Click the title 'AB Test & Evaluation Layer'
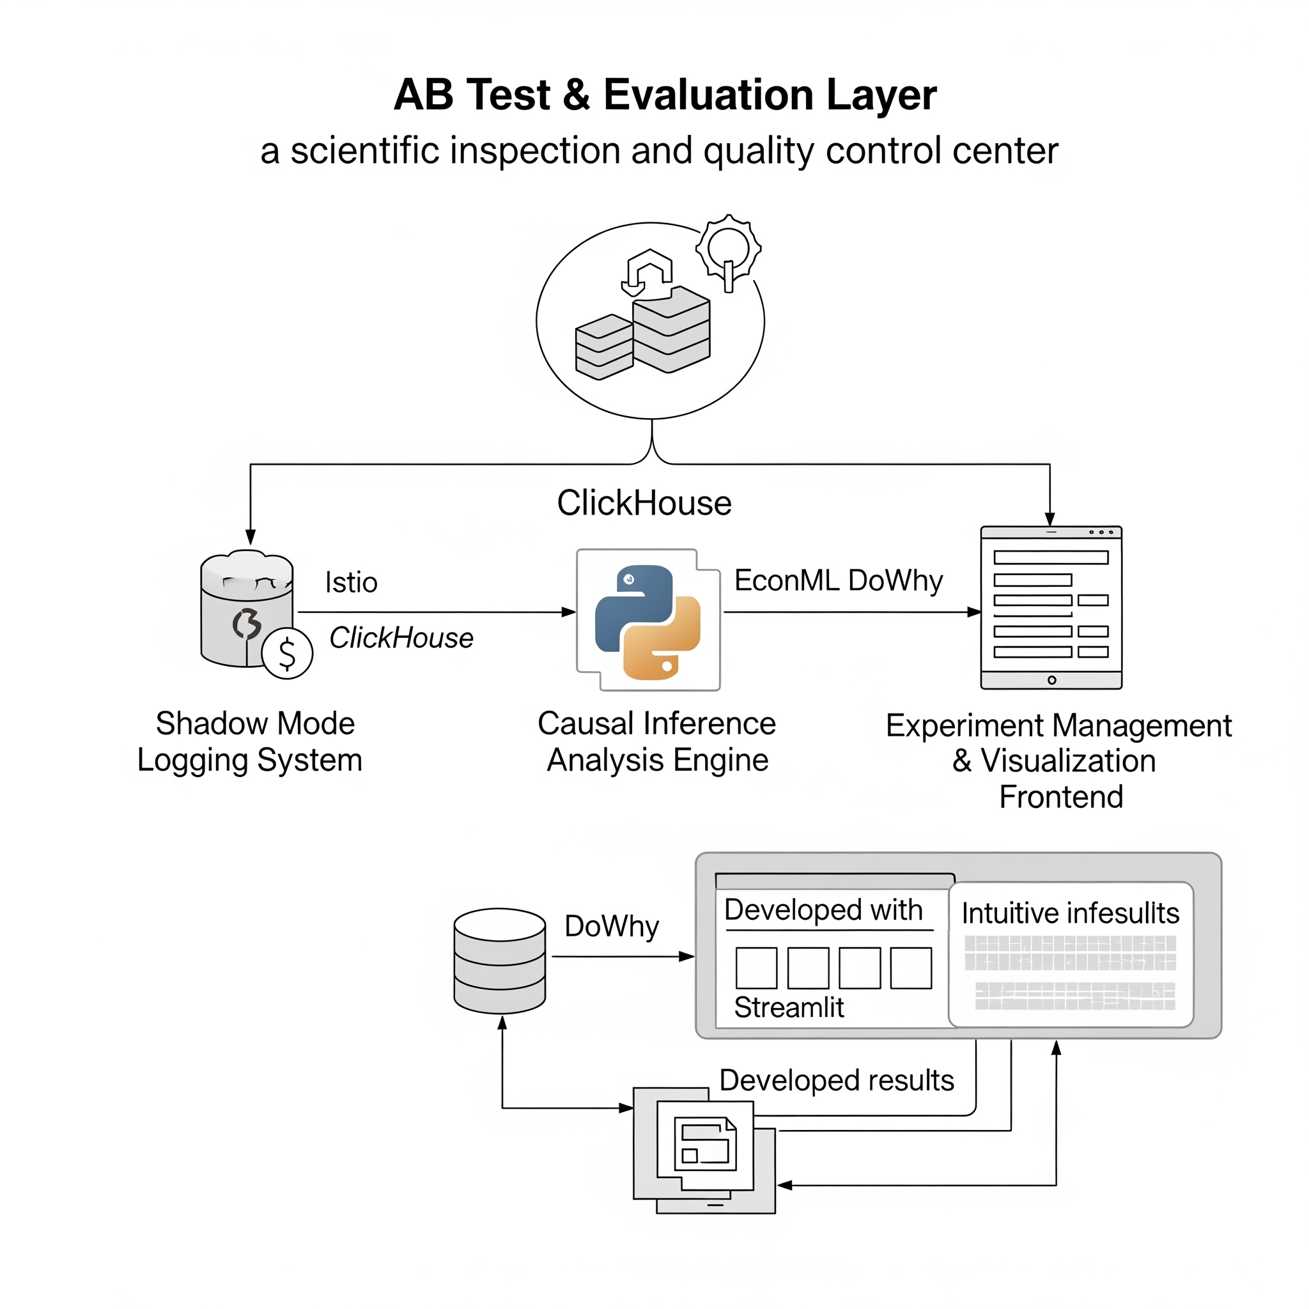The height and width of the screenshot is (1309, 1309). pyautogui.click(x=665, y=95)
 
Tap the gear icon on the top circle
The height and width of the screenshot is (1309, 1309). pyautogui.click(x=729, y=250)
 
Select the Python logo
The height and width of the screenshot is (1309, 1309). pyautogui.click(x=647, y=621)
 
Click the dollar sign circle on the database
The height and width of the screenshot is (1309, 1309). pyautogui.click(x=287, y=654)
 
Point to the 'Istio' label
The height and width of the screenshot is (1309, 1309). pyautogui.click(x=351, y=583)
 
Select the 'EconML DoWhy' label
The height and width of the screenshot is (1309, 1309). pyautogui.click(x=838, y=580)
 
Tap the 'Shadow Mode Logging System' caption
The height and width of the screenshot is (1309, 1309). pyautogui.click(x=250, y=742)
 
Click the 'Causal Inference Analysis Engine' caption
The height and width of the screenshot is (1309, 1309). pyautogui.click(x=656, y=742)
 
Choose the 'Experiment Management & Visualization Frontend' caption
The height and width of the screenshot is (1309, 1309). pyautogui.click(x=1058, y=761)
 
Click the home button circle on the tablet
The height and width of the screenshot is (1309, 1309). pyautogui.click(x=1051, y=679)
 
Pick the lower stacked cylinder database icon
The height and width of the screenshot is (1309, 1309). pyautogui.click(x=500, y=961)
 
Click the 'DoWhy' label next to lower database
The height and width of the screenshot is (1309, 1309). pyautogui.click(x=611, y=926)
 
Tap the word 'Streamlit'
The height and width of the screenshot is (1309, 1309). pyautogui.click(x=789, y=1007)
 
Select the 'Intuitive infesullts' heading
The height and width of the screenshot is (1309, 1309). pyautogui.click(x=1070, y=913)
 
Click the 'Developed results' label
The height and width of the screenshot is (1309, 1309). pyautogui.click(x=836, y=1080)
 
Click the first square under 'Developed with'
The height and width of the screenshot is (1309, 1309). pyautogui.click(x=756, y=968)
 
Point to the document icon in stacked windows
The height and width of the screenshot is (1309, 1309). pyautogui.click(x=704, y=1144)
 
